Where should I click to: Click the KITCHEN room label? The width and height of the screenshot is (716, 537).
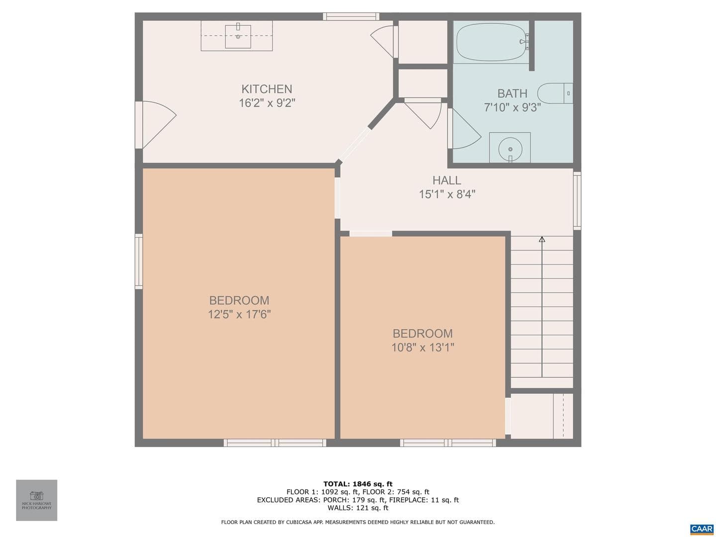[267, 89]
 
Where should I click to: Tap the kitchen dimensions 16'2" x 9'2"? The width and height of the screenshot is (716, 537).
[267, 103]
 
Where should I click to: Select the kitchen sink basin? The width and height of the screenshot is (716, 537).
[238, 36]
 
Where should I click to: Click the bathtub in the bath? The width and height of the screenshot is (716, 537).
[492, 42]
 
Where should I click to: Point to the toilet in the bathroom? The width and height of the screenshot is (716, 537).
[555, 93]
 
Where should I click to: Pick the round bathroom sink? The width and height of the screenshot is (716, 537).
[510, 149]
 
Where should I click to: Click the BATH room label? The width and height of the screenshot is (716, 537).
[512, 93]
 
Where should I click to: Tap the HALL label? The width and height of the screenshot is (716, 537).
[447, 180]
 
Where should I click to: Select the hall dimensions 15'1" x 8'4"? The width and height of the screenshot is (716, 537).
[447, 194]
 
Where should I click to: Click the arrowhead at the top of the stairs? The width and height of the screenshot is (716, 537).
[542, 239]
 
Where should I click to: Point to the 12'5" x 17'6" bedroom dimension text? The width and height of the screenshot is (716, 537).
[240, 314]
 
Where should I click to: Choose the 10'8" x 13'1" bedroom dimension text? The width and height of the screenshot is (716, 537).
[423, 348]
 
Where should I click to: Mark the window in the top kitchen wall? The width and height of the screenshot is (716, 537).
[351, 16]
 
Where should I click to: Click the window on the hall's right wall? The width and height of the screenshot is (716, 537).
[577, 201]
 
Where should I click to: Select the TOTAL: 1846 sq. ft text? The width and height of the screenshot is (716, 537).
[358, 484]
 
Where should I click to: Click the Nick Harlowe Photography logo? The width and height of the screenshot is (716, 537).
[36, 500]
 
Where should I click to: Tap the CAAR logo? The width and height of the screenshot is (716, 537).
[702, 529]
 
